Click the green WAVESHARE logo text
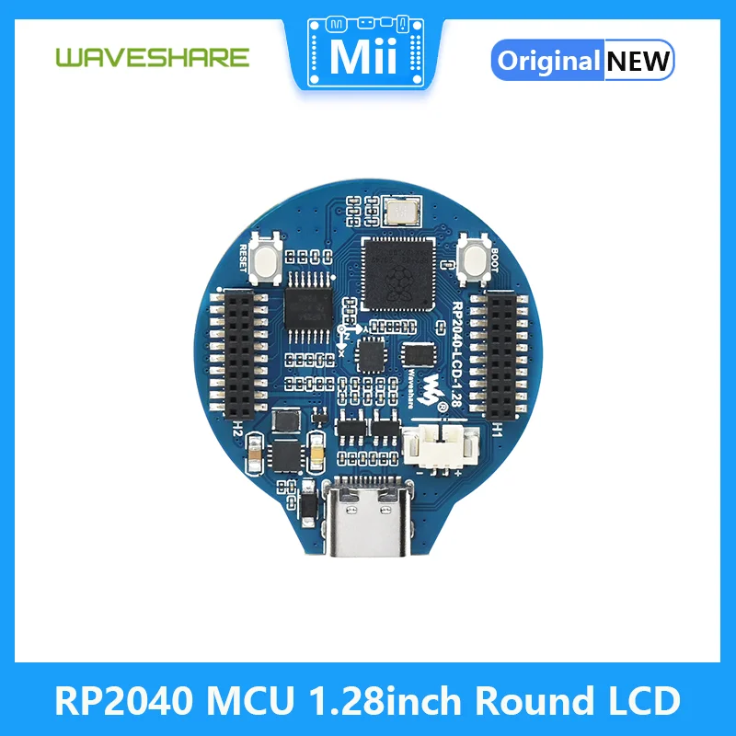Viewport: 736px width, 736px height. [x=152, y=57]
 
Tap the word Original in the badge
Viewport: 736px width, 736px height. [x=548, y=61]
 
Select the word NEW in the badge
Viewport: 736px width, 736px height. [x=638, y=61]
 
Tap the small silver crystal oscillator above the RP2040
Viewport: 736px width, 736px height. [x=402, y=213]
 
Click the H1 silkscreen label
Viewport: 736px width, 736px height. [x=498, y=429]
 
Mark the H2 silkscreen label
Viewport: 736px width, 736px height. [x=237, y=429]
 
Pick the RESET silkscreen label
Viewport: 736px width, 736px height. [x=244, y=259]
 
